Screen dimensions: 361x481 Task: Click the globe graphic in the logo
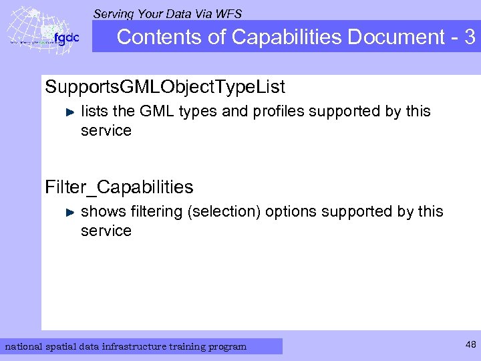point(29,31)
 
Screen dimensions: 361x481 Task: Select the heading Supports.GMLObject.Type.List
point(165,87)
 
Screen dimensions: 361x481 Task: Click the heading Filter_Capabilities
point(119,187)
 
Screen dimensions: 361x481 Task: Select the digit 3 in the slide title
point(469,37)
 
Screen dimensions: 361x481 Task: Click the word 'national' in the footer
point(23,346)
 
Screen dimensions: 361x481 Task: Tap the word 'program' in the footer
point(226,346)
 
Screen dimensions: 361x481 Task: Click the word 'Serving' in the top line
point(113,13)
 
